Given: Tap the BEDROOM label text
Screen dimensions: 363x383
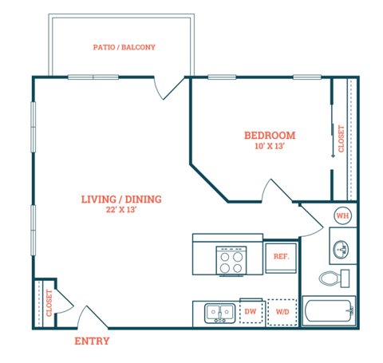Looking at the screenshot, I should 270,135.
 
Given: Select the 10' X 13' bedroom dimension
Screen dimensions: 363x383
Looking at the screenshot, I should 270,147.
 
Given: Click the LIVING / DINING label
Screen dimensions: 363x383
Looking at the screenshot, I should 121,199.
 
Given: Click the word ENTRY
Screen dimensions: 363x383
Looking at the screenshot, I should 92,341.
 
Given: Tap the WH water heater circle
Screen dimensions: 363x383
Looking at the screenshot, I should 342,215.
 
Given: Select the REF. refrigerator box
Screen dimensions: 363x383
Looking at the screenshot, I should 281,257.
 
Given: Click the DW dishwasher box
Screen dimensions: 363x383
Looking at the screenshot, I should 250,312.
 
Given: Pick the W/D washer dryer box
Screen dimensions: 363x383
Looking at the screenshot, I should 282,312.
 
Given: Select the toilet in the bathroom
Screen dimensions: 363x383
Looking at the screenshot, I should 334,278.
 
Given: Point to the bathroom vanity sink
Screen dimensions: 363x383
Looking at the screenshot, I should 342,249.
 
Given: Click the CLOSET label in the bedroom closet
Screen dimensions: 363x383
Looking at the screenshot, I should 342,140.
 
